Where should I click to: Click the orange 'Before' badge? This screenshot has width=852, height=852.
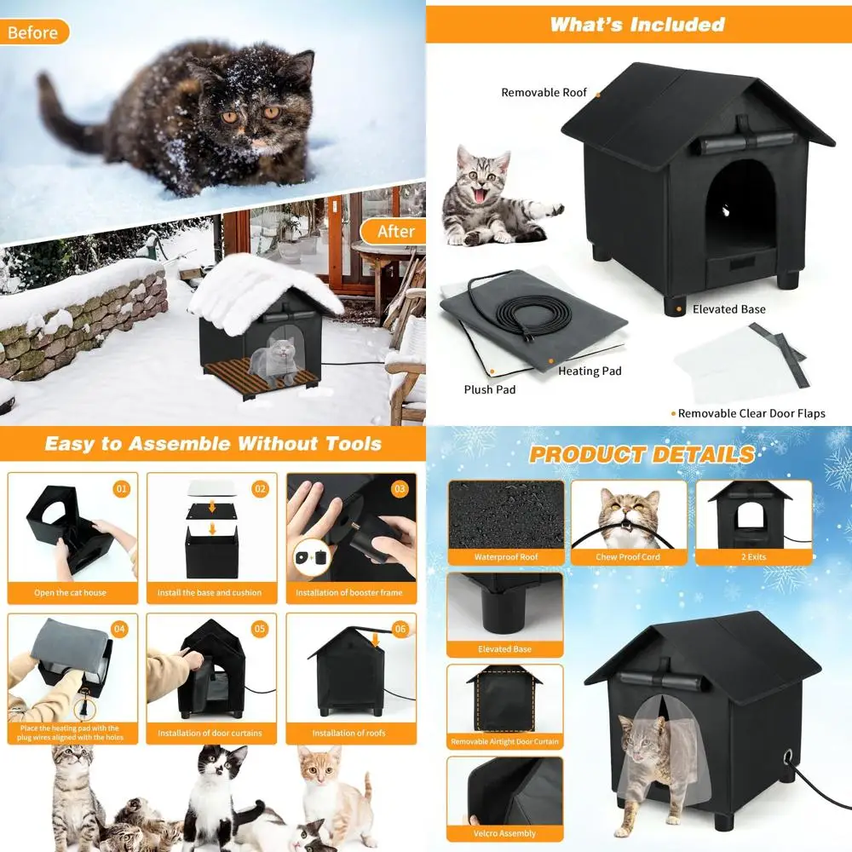(x=33, y=33)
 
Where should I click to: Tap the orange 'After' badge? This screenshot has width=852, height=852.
(x=395, y=231)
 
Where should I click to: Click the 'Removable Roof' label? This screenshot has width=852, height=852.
(x=544, y=92)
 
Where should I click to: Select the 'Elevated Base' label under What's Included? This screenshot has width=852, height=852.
(x=728, y=309)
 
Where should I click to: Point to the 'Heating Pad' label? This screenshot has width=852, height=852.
(x=590, y=371)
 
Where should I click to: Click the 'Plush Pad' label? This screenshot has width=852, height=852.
(x=490, y=389)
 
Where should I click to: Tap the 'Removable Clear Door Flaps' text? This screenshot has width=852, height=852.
(x=751, y=413)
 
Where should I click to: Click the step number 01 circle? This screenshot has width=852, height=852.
(x=122, y=489)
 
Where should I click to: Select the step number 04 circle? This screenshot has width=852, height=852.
(x=119, y=630)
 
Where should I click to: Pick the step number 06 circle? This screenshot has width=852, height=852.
(x=400, y=630)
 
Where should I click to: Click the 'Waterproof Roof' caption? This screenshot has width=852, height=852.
(x=506, y=557)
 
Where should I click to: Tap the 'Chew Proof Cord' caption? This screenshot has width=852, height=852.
(x=628, y=557)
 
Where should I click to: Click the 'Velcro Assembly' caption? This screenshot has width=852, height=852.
(x=505, y=833)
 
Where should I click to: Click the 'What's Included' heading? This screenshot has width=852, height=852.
(x=636, y=24)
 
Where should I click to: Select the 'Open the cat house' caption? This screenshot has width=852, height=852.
(x=70, y=592)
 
